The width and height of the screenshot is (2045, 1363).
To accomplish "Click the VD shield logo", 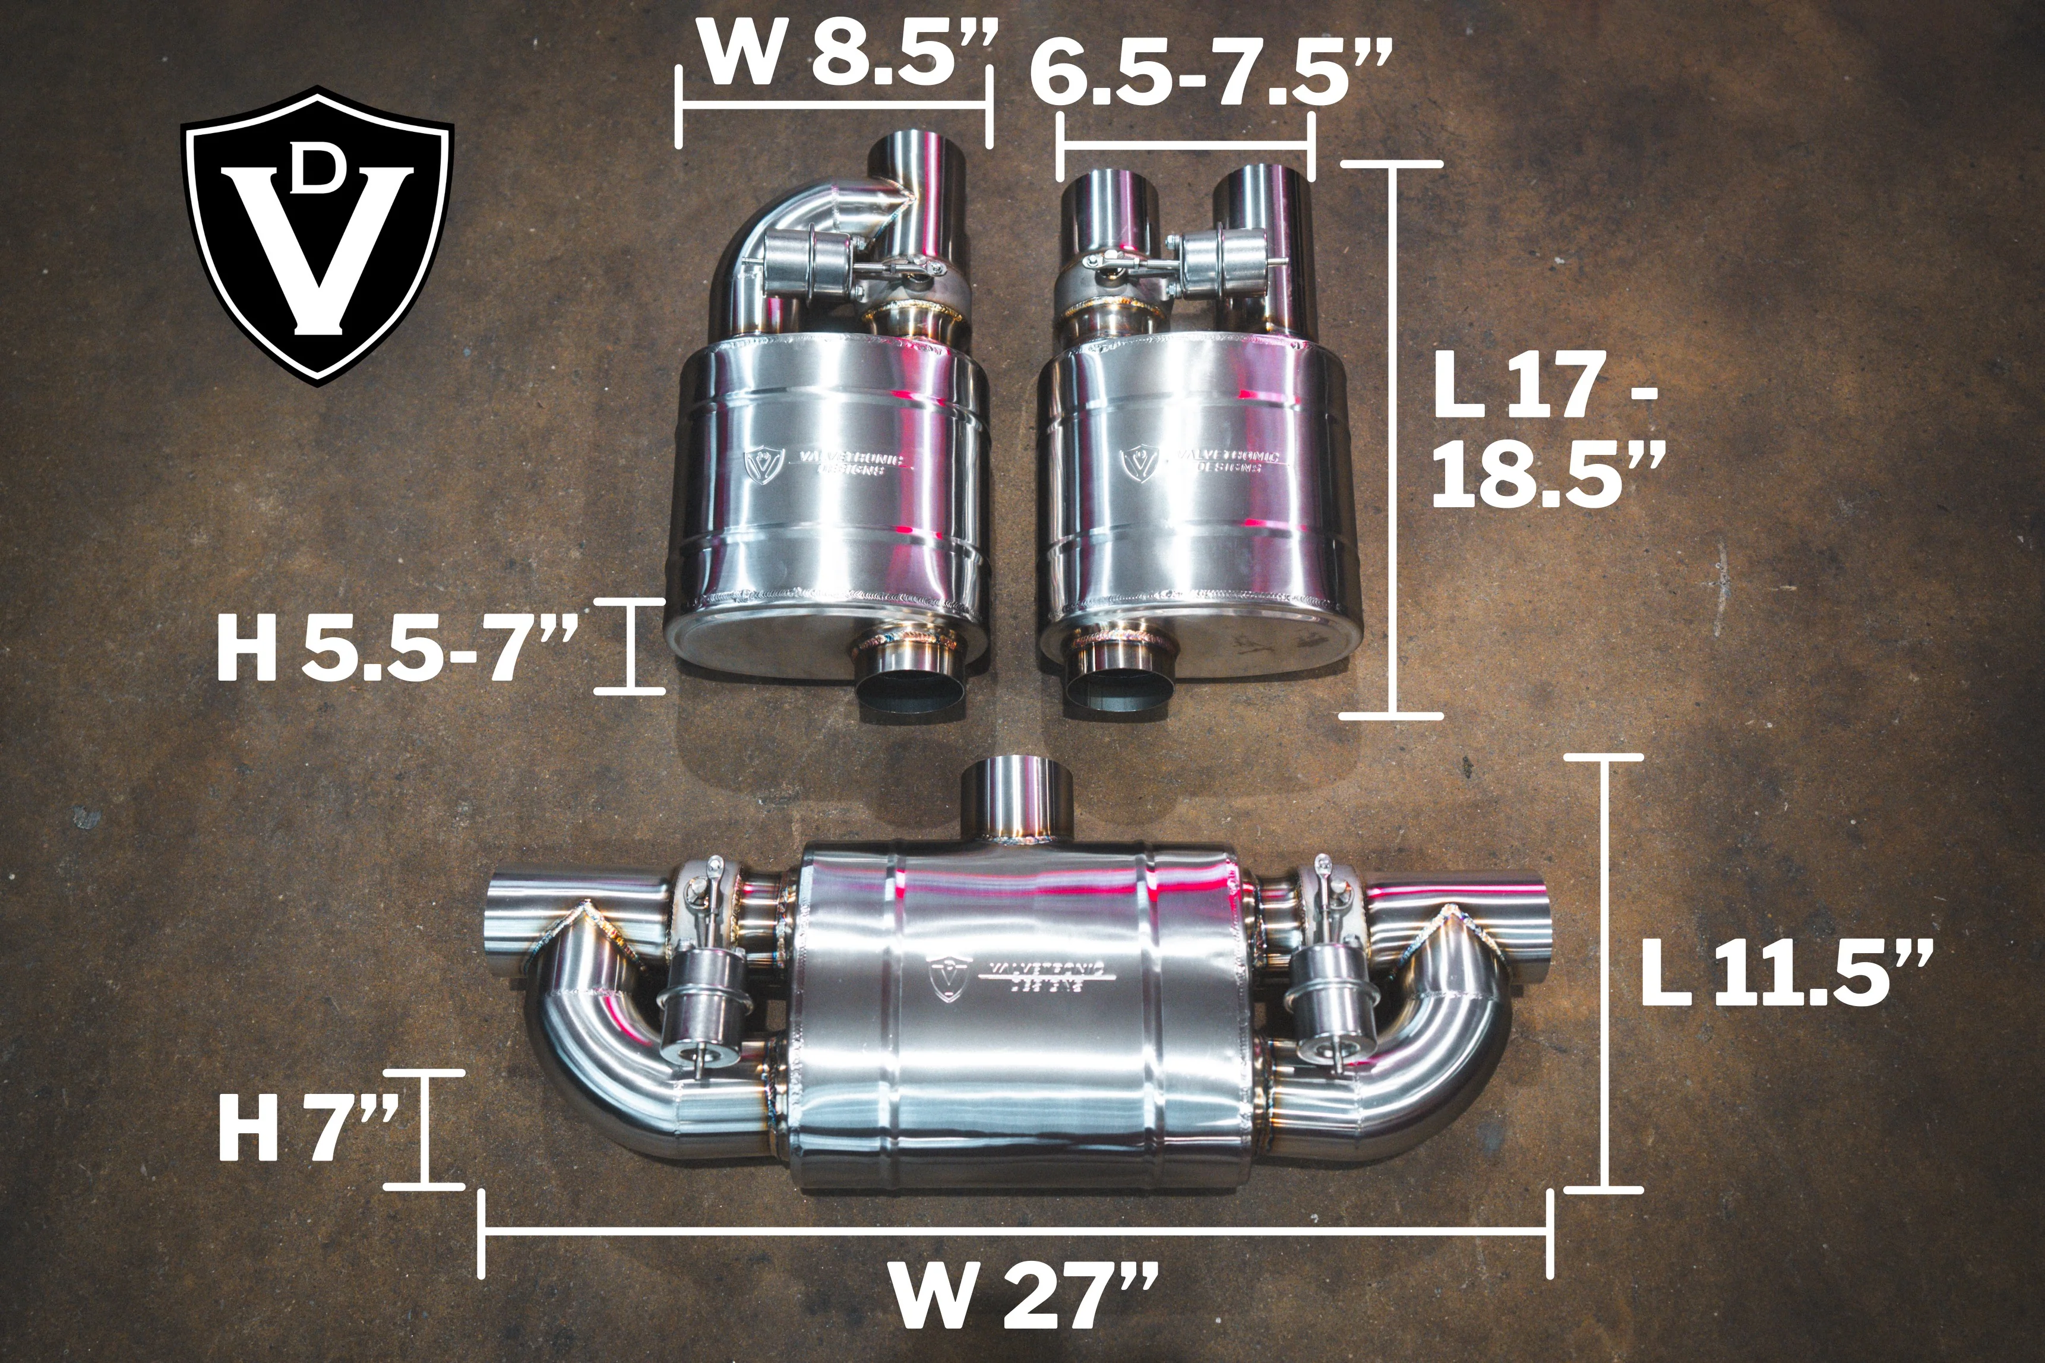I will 317,235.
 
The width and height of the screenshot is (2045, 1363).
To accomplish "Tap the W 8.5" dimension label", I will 848,54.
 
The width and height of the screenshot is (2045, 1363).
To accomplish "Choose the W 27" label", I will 1026,1297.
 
